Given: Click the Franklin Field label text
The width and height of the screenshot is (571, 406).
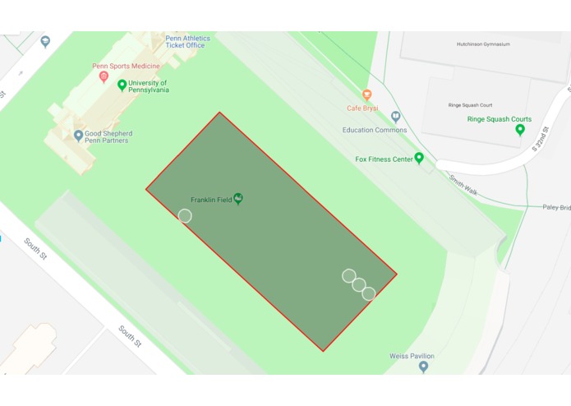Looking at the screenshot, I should (x=210, y=200).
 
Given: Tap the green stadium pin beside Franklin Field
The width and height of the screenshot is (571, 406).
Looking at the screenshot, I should (x=238, y=198).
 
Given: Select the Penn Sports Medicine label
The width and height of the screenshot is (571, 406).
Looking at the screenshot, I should (x=126, y=65).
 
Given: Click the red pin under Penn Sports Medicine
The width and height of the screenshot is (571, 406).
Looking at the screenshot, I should (x=104, y=76).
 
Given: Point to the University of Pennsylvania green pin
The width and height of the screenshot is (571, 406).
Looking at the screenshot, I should (x=122, y=85).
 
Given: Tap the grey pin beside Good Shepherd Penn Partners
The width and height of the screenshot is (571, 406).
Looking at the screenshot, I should (x=79, y=136).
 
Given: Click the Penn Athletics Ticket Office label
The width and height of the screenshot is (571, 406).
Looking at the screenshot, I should (x=187, y=42).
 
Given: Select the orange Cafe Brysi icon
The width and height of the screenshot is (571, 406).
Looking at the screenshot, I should (x=366, y=95).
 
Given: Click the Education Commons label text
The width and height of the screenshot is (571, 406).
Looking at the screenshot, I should (x=375, y=130).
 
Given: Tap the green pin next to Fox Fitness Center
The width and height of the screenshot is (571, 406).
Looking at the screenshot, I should (x=419, y=158).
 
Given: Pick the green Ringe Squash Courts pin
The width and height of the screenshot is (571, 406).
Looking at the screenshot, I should (x=519, y=130).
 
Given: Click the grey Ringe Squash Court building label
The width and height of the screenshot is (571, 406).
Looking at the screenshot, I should (x=470, y=105).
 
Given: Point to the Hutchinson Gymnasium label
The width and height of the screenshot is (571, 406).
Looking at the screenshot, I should (x=483, y=44).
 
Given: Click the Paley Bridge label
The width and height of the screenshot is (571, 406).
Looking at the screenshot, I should (x=555, y=208).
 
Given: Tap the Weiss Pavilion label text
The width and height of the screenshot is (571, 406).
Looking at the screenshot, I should (x=412, y=356).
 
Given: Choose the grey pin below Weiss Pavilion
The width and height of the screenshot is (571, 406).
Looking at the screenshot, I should (x=423, y=367).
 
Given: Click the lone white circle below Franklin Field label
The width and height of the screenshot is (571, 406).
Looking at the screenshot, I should (x=185, y=216).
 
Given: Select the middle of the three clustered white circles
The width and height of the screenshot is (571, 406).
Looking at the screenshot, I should (x=359, y=285).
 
